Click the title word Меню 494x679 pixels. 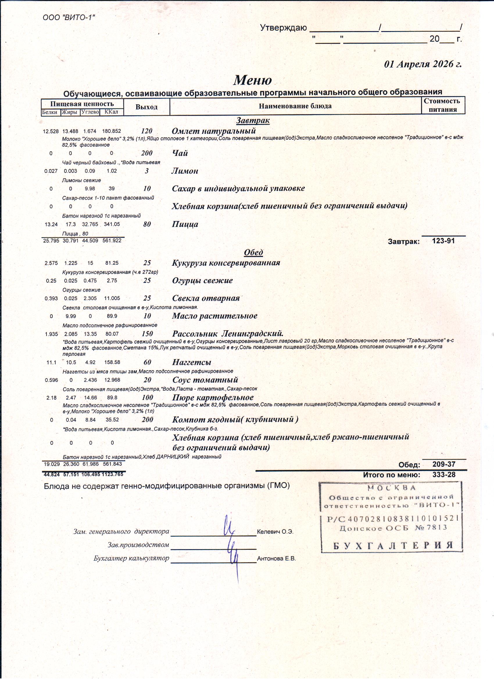coord(253,80)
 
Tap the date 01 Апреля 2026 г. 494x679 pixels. coord(423,64)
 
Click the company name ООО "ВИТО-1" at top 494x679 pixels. coord(69,17)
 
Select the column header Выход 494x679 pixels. coord(146,107)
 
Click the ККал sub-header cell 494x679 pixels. coord(112,112)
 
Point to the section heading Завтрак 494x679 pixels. coord(253,120)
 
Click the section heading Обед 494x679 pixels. coord(253,252)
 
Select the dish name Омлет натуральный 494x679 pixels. coord(214,131)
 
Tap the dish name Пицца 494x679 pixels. coord(185,224)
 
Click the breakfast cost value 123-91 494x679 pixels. coord(443,241)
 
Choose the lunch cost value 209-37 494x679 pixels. coord(444,464)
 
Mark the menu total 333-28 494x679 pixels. coord(444,475)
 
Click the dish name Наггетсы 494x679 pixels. coord(192,362)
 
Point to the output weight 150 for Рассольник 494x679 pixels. coord(147,334)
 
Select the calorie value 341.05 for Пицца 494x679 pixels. coord(112,224)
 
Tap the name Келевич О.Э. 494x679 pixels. coord(275,532)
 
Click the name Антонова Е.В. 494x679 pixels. coord(276,558)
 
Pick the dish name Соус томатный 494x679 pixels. coord(205,380)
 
